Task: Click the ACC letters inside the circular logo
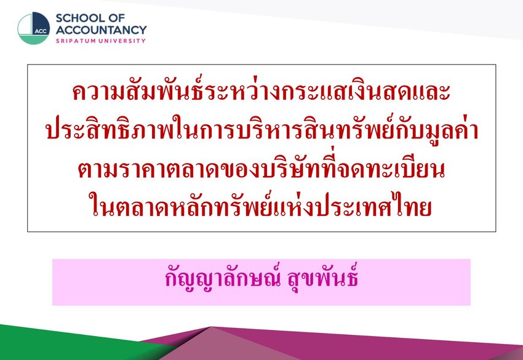click(x=41, y=31)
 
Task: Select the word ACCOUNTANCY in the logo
click(x=101, y=30)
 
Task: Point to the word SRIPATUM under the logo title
click(x=76, y=41)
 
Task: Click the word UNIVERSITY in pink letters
click(x=122, y=41)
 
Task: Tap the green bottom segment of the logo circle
click(x=33, y=40)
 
